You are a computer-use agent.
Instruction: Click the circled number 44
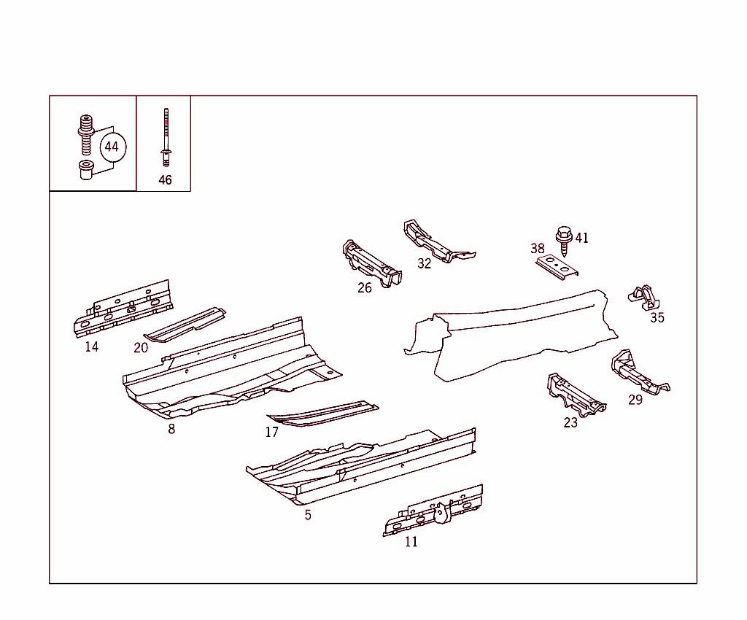point(113,147)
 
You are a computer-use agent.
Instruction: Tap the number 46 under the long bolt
point(165,180)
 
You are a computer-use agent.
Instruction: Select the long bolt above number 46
point(166,137)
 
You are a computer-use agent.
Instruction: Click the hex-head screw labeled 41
point(564,241)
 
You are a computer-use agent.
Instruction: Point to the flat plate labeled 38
point(557,267)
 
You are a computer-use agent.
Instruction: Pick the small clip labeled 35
point(645,298)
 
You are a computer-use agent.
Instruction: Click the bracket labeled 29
point(638,373)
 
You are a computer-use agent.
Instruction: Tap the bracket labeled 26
point(371,264)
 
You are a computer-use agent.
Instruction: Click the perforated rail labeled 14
point(123,309)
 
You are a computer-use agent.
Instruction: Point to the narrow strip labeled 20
point(185,325)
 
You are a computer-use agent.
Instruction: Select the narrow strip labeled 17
point(322,414)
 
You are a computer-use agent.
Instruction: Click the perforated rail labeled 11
point(433,511)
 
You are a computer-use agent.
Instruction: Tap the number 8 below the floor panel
point(171,429)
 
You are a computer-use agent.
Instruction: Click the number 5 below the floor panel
point(308,515)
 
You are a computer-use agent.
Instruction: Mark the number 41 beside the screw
point(581,238)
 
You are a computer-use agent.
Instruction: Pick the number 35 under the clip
point(657,317)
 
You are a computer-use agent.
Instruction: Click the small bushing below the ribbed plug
point(86,170)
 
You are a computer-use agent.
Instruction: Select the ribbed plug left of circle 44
point(86,134)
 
